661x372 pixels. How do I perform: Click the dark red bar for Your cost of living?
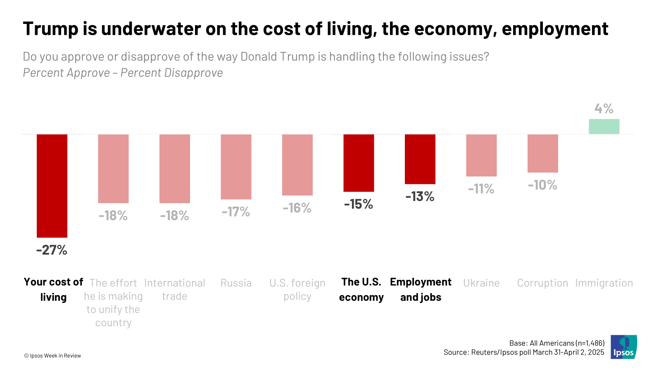click(x=52, y=186)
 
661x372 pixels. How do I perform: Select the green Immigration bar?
click(x=604, y=126)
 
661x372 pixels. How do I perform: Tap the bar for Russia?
click(x=236, y=167)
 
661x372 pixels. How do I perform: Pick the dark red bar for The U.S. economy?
click(x=359, y=163)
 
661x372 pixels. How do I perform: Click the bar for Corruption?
click(x=542, y=153)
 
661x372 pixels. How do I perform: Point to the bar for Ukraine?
click(x=481, y=155)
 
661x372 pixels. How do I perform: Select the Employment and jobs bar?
click(x=420, y=159)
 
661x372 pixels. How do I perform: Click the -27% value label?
click(x=52, y=250)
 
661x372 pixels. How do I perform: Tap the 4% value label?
click(x=604, y=109)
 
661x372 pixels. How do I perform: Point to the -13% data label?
click(x=420, y=196)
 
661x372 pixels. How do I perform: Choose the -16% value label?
click(x=297, y=208)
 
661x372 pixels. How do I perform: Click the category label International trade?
click(x=174, y=289)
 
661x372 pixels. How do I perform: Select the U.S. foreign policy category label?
click(x=297, y=289)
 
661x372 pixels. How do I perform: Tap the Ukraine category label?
click(x=481, y=283)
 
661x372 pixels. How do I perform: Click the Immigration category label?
click(x=604, y=283)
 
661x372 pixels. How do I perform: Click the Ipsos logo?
click(x=623, y=347)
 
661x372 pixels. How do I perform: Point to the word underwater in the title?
click(x=151, y=29)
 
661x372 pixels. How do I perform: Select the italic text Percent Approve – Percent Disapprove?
click(x=123, y=73)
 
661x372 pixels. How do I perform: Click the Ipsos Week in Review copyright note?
click(x=52, y=355)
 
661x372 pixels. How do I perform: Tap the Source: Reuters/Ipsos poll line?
click(x=523, y=352)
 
